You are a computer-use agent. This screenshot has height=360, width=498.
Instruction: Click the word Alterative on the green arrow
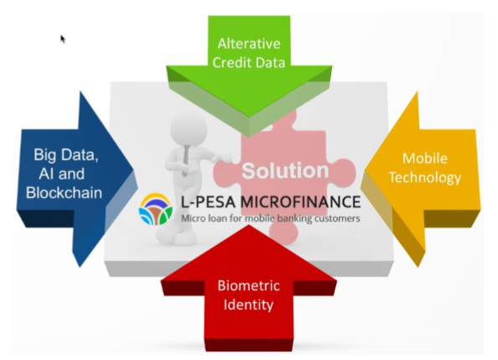point(249,44)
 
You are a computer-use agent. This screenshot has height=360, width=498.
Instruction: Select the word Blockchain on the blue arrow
point(64,193)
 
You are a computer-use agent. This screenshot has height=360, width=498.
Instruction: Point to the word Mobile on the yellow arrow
point(425,159)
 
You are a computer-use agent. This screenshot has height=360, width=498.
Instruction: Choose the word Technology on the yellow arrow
point(425,177)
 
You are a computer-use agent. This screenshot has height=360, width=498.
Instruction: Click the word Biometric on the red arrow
point(249,285)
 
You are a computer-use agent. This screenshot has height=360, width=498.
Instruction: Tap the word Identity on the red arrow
point(248,305)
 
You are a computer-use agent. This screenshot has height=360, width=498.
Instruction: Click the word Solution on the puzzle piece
point(285,171)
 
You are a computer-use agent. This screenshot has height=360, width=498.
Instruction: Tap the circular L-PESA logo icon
point(156,209)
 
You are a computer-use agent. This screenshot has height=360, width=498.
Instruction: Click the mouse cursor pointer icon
point(63,39)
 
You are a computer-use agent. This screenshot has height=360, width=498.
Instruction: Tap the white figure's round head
point(189,129)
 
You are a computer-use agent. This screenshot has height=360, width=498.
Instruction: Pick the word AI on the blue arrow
point(45,174)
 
